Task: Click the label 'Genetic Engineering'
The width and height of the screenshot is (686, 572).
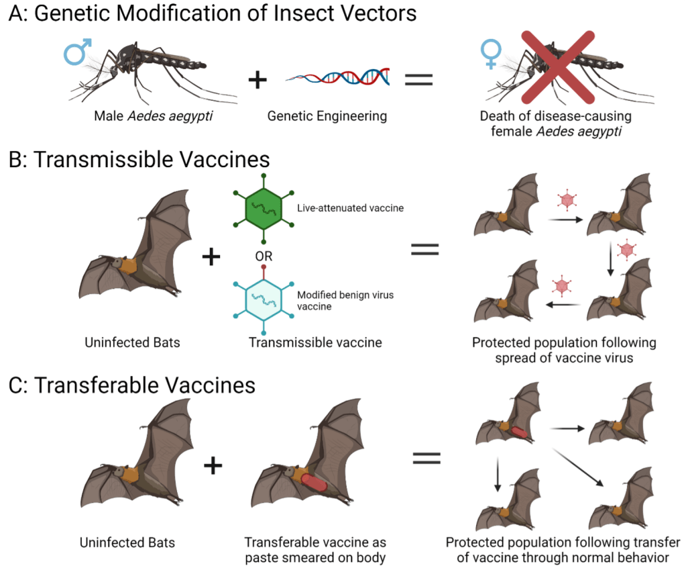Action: (327, 116)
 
